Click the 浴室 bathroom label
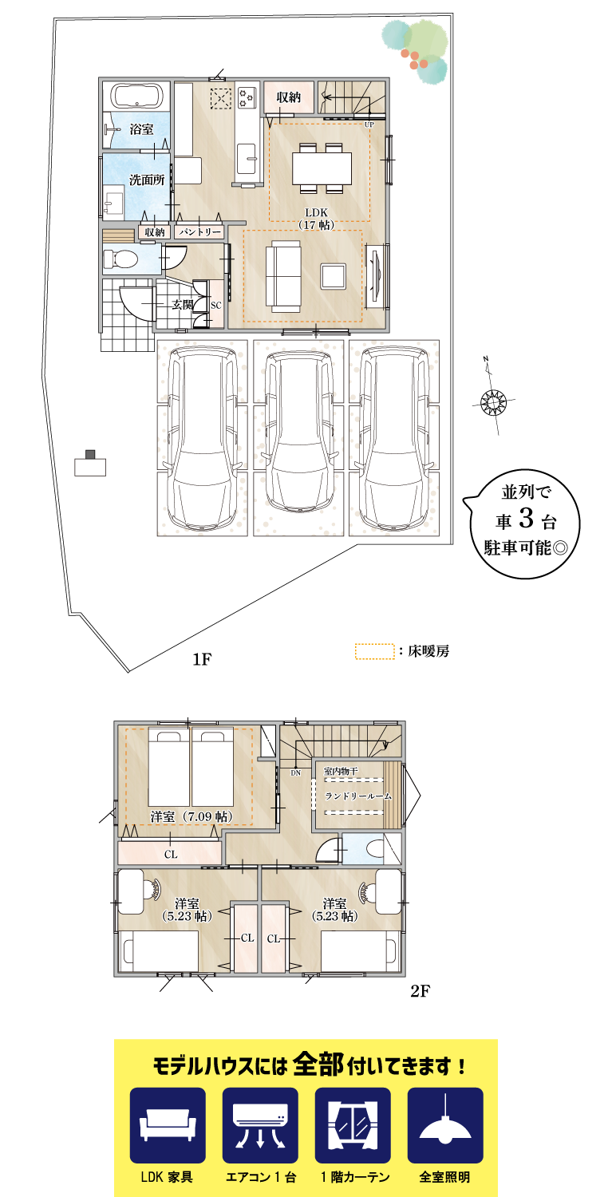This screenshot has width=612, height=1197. (x=141, y=128)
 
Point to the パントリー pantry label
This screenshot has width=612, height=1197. (x=199, y=231)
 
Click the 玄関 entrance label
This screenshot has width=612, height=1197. (x=183, y=304)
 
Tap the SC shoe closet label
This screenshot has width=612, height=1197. (x=215, y=305)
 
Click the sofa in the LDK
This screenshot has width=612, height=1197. (x=283, y=275)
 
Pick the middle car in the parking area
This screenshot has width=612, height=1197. (x=298, y=432)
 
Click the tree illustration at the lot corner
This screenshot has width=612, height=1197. (x=416, y=50)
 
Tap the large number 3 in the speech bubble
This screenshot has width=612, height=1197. (x=526, y=519)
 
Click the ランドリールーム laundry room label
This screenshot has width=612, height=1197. (x=357, y=796)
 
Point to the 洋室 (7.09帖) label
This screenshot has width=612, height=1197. (x=191, y=816)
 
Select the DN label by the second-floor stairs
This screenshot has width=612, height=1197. (x=295, y=772)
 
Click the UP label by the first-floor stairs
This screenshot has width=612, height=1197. (x=369, y=125)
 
